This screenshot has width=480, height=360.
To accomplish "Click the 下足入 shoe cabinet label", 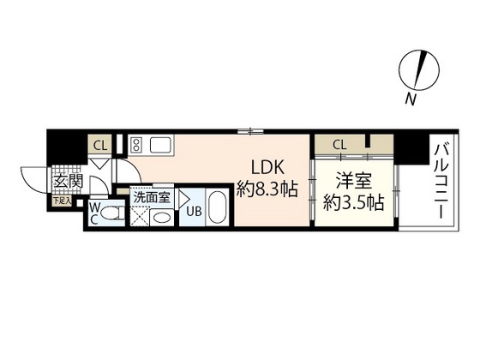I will click(x=63, y=201).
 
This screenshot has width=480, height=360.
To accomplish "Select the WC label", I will click(x=93, y=213).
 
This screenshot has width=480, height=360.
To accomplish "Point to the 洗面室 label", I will click(x=151, y=197).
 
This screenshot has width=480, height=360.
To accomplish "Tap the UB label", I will click(x=194, y=211).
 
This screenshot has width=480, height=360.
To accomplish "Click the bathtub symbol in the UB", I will click(x=218, y=209).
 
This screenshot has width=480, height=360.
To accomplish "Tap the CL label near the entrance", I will click(x=99, y=145).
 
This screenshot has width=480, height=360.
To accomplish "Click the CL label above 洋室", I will click(x=339, y=144).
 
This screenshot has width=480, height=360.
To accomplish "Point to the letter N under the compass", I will click(x=411, y=100).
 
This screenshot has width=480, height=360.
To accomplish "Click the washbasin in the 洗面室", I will click(x=161, y=217).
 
